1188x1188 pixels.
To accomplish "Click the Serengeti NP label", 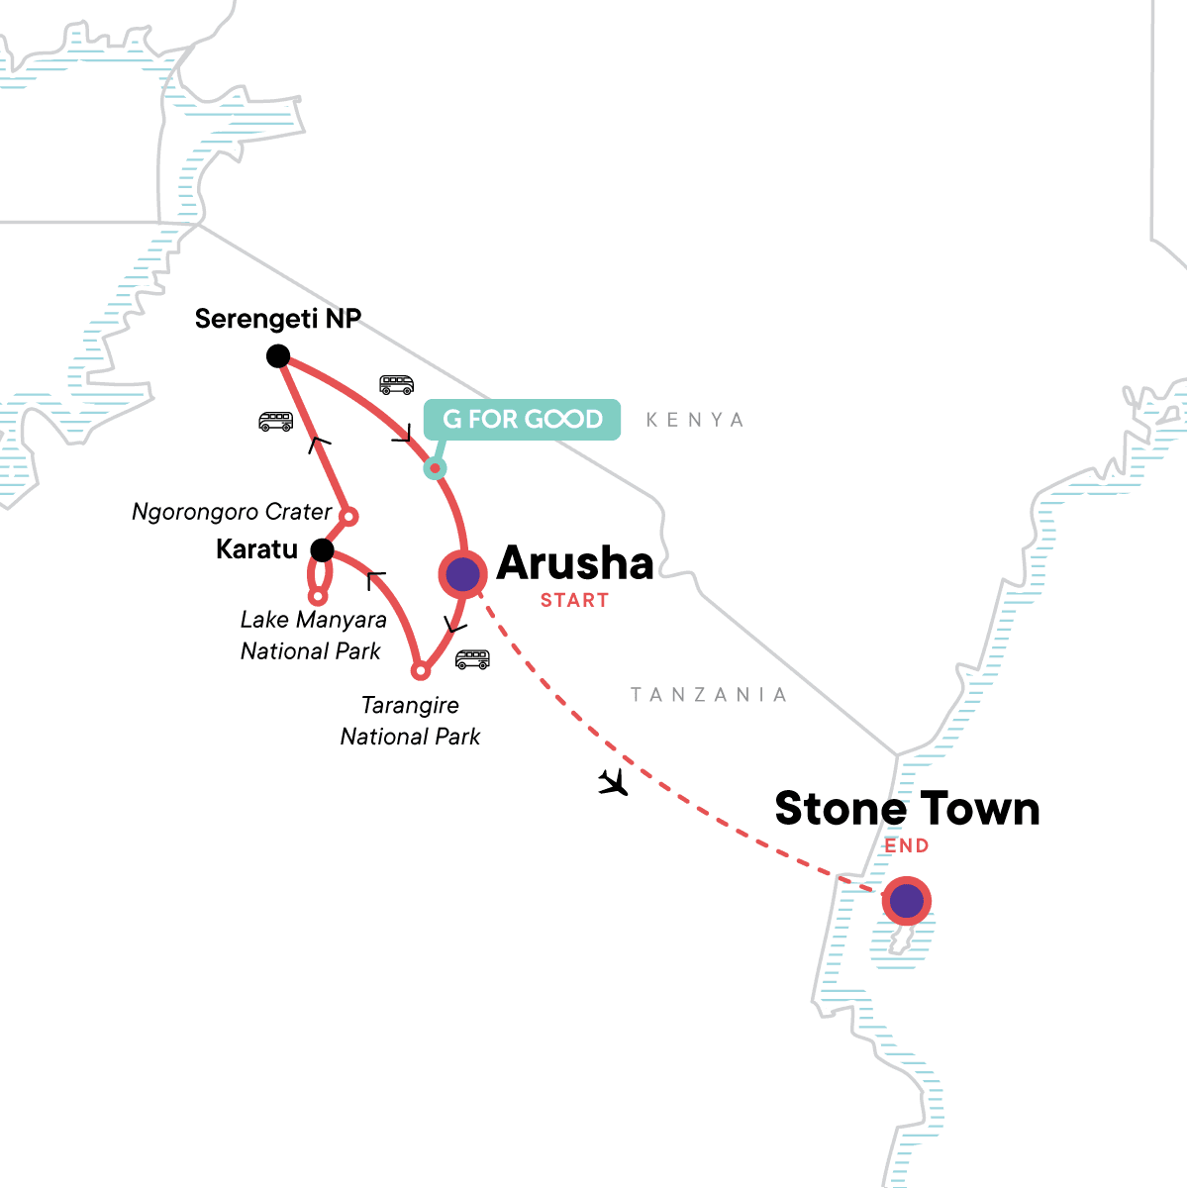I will [277, 319].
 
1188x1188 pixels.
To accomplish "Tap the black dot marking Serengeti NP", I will [278, 356].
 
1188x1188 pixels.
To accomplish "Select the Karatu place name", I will [256, 549].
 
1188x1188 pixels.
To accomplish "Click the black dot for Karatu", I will [321, 549].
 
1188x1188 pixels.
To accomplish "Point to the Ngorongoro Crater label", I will [232, 512].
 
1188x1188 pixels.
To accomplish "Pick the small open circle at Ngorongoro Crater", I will [348, 517].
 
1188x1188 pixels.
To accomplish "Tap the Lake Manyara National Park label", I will [312, 636].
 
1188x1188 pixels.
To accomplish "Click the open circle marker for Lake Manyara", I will [318, 597].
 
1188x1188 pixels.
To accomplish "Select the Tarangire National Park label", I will [410, 721].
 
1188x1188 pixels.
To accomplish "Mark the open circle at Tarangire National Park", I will [421, 671].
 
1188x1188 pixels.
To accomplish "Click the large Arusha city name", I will [575, 563].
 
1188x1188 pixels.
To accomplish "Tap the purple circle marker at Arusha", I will [462, 574].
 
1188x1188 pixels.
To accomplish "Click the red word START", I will [574, 600].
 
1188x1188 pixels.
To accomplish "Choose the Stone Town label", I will [907, 809].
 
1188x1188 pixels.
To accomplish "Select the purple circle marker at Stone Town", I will [906, 902].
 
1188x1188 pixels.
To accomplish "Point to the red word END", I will [907, 845].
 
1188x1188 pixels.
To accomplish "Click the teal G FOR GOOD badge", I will [522, 419].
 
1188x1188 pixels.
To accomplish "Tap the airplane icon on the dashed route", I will [614, 783].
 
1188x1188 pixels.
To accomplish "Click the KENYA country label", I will [694, 420].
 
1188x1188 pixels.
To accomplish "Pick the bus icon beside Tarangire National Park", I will [472, 660].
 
